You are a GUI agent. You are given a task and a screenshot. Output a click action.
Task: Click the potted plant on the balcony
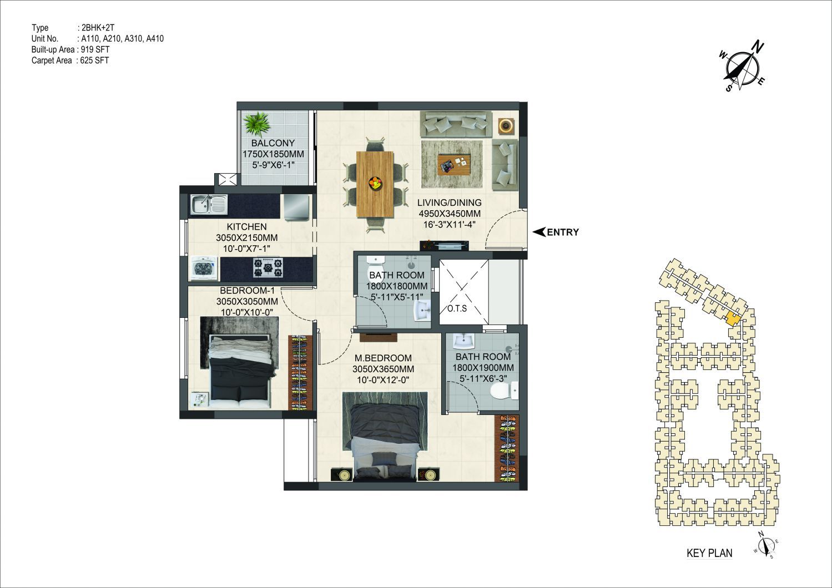point(256,124)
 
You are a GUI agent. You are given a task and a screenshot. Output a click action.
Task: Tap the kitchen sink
point(209,205)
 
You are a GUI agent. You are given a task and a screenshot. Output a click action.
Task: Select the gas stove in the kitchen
point(268,267)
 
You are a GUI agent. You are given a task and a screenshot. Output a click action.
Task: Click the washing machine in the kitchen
point(204,268)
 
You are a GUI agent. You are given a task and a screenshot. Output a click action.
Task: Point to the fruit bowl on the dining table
point(375,183)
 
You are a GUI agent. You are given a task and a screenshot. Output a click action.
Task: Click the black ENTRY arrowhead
point(539,232)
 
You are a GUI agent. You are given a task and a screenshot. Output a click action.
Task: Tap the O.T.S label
point(457,308)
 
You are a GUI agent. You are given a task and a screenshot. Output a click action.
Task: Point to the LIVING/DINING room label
point(450,202)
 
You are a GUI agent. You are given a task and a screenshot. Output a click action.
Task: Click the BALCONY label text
point(273,143)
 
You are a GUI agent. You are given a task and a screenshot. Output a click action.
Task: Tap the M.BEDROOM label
point(383,358)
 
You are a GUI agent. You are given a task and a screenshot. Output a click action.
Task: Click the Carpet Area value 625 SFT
point(94,60)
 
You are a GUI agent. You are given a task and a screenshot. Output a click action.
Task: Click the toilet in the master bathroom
point(504,392)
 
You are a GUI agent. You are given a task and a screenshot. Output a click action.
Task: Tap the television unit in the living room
point(444,245)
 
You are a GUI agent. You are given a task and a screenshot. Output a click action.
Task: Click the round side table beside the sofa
point(506,125)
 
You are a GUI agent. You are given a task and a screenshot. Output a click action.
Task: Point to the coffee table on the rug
point(454,164)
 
